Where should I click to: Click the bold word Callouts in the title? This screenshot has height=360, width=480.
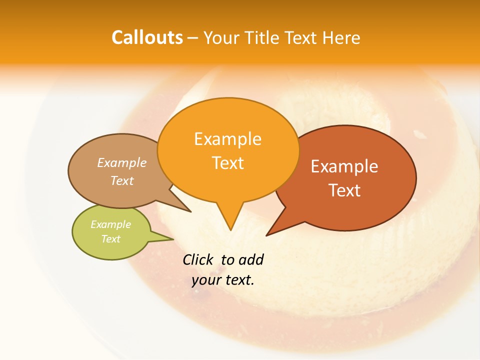click(147, 37)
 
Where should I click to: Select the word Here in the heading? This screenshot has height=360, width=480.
click(341, 37)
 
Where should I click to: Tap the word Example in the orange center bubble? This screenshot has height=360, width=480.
click(227, 138)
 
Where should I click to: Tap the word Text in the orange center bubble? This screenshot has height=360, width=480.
click(227, 162)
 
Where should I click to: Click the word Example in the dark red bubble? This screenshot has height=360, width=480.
click(344, 166)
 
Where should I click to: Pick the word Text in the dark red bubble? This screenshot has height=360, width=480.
click(344, 190)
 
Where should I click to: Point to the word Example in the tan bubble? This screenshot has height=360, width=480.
click(122, 162)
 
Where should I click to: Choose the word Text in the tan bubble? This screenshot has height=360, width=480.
click(122, 180)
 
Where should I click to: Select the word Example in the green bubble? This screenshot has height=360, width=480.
click(110, 224)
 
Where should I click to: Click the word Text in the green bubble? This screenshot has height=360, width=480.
click(110, 239)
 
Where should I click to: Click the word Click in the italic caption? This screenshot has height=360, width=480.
click(198, 259)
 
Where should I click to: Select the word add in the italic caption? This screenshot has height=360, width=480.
click(250, 259)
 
